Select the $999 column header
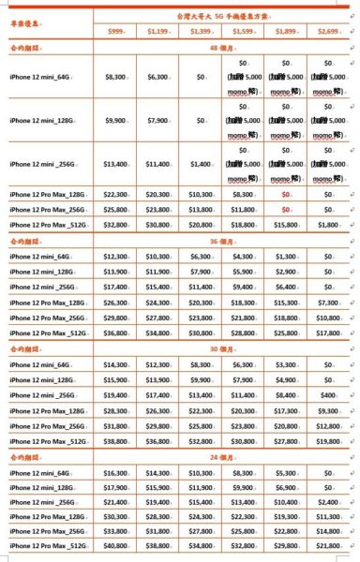(115, 31)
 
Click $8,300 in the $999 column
(115, 76)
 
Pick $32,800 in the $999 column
(115, 226)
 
